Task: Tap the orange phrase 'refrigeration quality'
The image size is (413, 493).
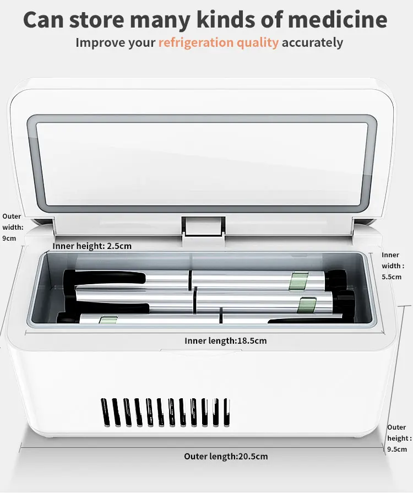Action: coord(219,42)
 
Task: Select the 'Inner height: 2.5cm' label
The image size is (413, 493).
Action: coord(92,246)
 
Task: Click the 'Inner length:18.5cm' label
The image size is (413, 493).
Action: coord(225,340)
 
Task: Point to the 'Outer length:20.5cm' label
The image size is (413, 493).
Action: coord(226,456)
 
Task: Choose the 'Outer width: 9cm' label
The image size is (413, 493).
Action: coord(12,227)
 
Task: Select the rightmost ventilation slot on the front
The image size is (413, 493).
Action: coord(225,412)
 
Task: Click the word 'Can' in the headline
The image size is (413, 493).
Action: coord(47,20)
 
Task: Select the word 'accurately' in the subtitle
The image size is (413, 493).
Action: coord(312,42)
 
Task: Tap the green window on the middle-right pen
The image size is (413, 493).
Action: coord(306,304)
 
